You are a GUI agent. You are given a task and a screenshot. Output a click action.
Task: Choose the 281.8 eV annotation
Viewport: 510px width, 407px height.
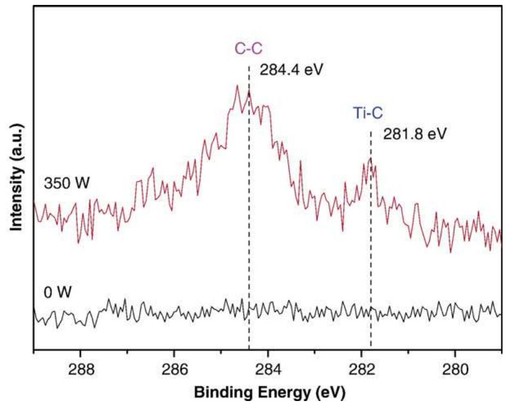(414, 133)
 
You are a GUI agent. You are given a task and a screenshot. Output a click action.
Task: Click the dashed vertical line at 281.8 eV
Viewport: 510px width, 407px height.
(371, 246)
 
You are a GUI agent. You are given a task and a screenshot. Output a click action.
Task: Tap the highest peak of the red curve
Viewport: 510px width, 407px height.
(237, 85)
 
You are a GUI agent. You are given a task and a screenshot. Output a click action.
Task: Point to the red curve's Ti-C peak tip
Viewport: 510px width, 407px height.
(370, 158)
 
